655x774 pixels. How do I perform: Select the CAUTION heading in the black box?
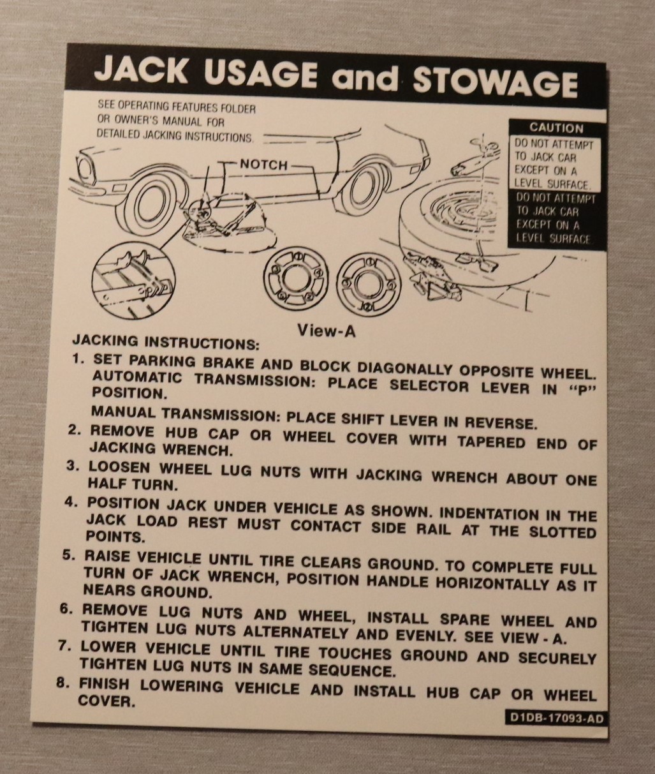556,128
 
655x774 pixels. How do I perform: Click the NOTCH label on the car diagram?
263,165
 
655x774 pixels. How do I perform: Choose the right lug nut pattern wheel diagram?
369,282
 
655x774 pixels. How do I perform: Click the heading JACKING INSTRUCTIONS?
165,341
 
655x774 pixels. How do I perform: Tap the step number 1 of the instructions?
77,359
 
